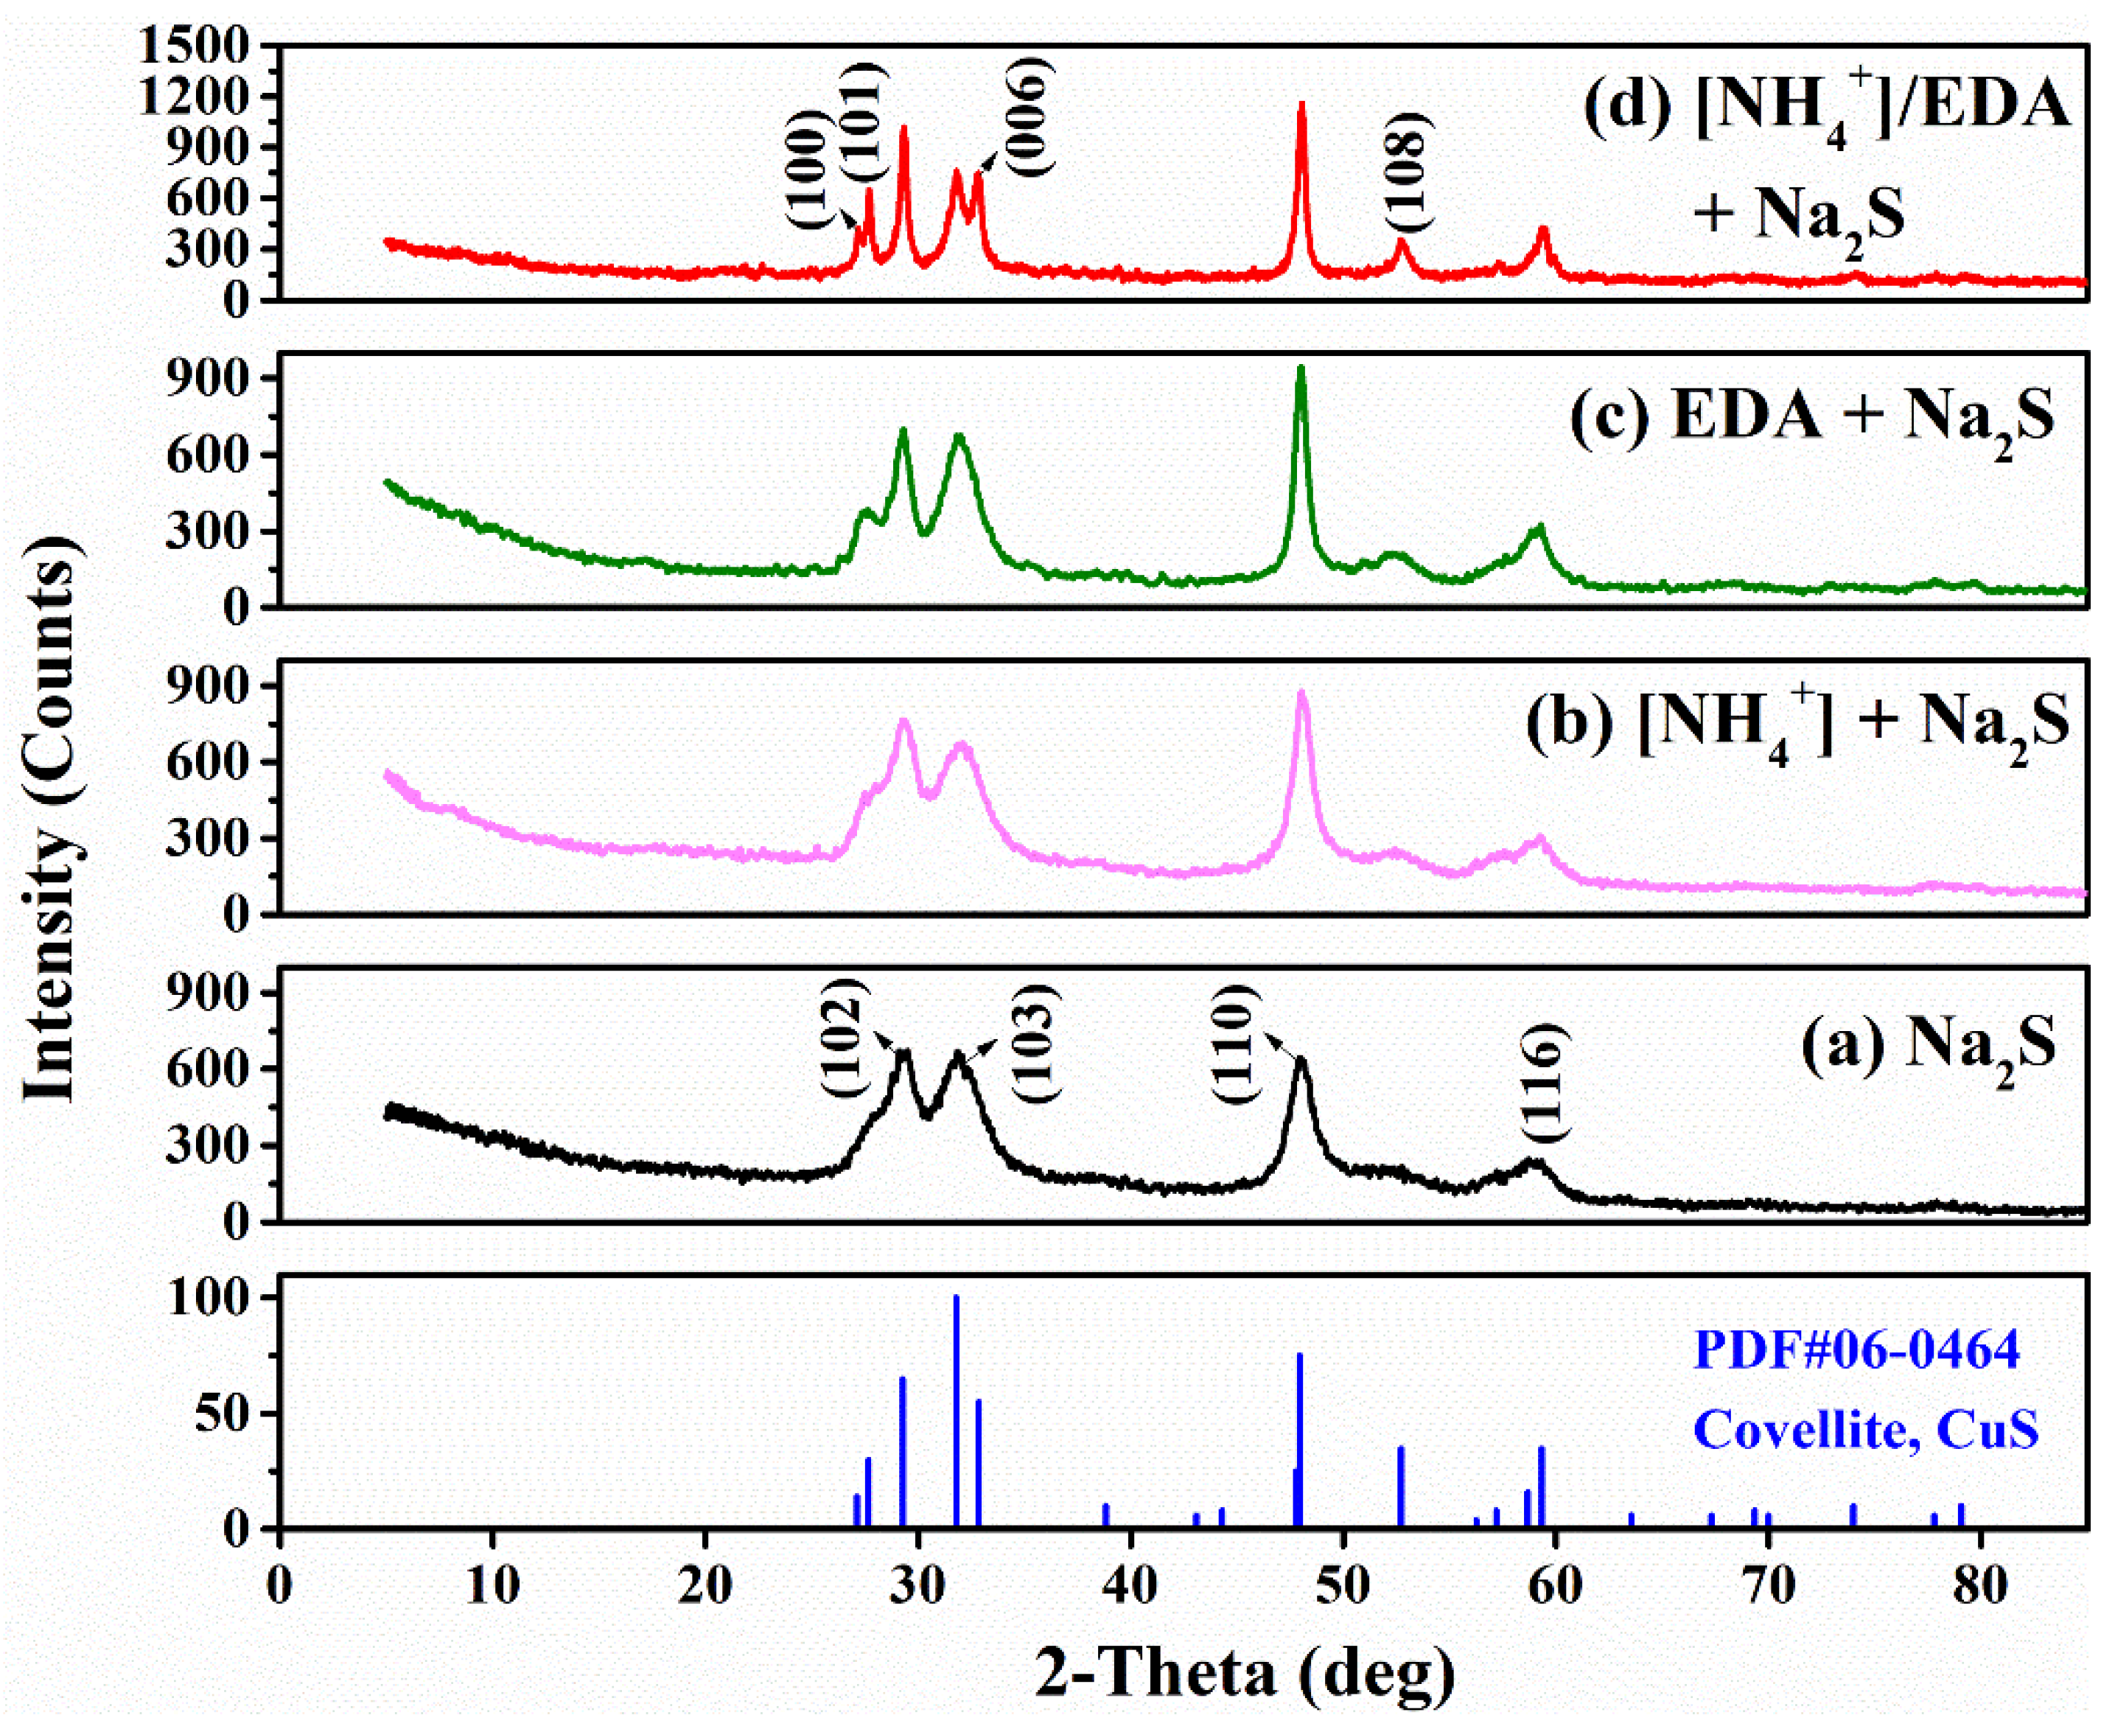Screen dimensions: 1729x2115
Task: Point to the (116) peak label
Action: (x=1545, y=1082)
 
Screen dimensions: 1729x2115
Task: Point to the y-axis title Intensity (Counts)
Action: (x=50, y=817)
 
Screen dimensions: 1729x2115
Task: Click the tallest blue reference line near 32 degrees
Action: (x=956, y=1394)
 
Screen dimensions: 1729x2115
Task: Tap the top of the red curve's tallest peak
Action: (x=1301, y=104)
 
